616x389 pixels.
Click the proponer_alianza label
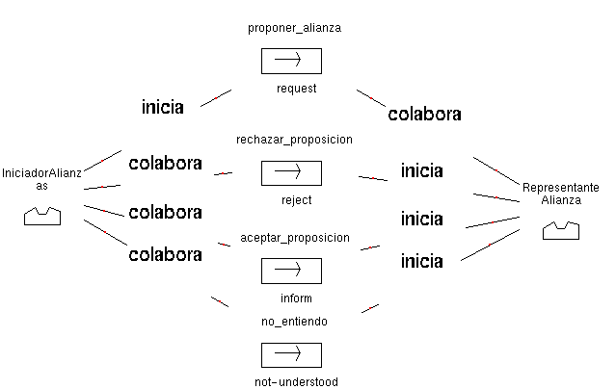tap(294, 28)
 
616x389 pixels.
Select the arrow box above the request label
tap(290, 61)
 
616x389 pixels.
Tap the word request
tap(296, 88)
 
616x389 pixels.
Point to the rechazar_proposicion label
tap(294, 140)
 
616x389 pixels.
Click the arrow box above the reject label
tap(290, 172)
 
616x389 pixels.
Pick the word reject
tap(296, 200)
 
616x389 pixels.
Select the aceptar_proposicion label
tap(294, 237)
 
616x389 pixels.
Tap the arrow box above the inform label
tap(290, 271)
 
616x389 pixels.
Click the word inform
tap(296, 298)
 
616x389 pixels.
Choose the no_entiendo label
tap(294, 321)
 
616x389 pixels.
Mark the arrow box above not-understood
tap(290, 354)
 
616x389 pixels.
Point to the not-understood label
tap(296, 382)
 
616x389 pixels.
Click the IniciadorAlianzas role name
tap(41, 179)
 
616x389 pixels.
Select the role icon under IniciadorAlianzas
tap(41, 217)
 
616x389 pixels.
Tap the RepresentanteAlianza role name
tap(561, 193)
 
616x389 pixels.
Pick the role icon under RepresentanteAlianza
tap(561, 230)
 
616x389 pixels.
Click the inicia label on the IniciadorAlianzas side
tap(162, 108)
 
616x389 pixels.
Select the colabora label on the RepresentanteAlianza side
tap(424, 115)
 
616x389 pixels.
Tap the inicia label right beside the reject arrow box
tap(421, 171)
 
